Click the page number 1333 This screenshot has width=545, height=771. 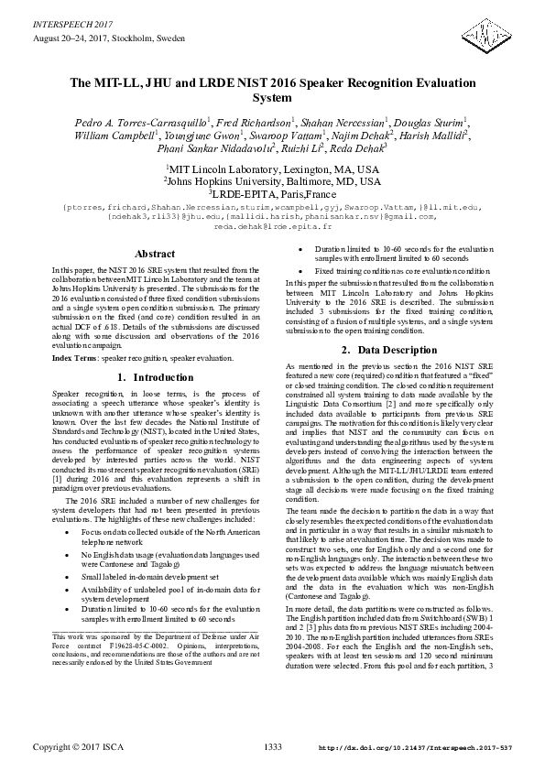(x=272, y=747)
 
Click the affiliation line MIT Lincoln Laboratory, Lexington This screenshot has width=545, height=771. (x=272, y=169)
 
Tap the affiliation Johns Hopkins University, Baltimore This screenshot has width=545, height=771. (x=272, y=181)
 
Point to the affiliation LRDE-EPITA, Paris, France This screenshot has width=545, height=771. (x=272, y=193)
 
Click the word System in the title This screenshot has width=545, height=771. (x=272, y=97)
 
